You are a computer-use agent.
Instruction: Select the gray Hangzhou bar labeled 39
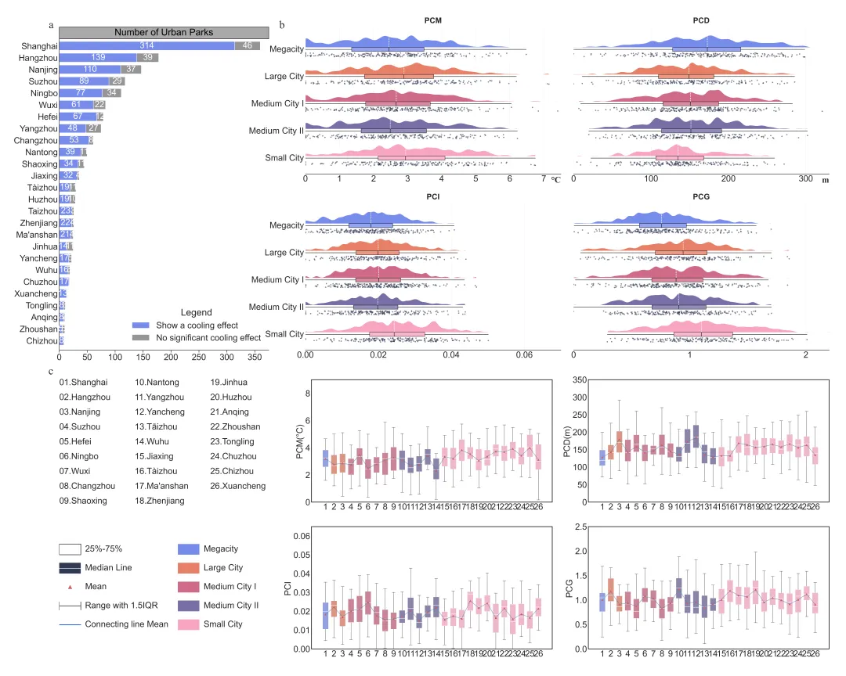(x=146, y=58)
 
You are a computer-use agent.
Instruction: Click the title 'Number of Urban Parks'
(x=164, y=32)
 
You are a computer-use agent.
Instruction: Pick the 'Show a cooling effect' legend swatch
(x=141, y=325)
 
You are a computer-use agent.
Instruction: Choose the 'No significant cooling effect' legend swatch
(x=141, y=338)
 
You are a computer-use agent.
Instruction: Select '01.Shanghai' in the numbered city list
(x=83, y=383)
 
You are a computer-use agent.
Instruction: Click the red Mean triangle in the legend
(x=71, y=586)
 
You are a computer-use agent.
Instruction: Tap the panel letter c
(x=51, y=372)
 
